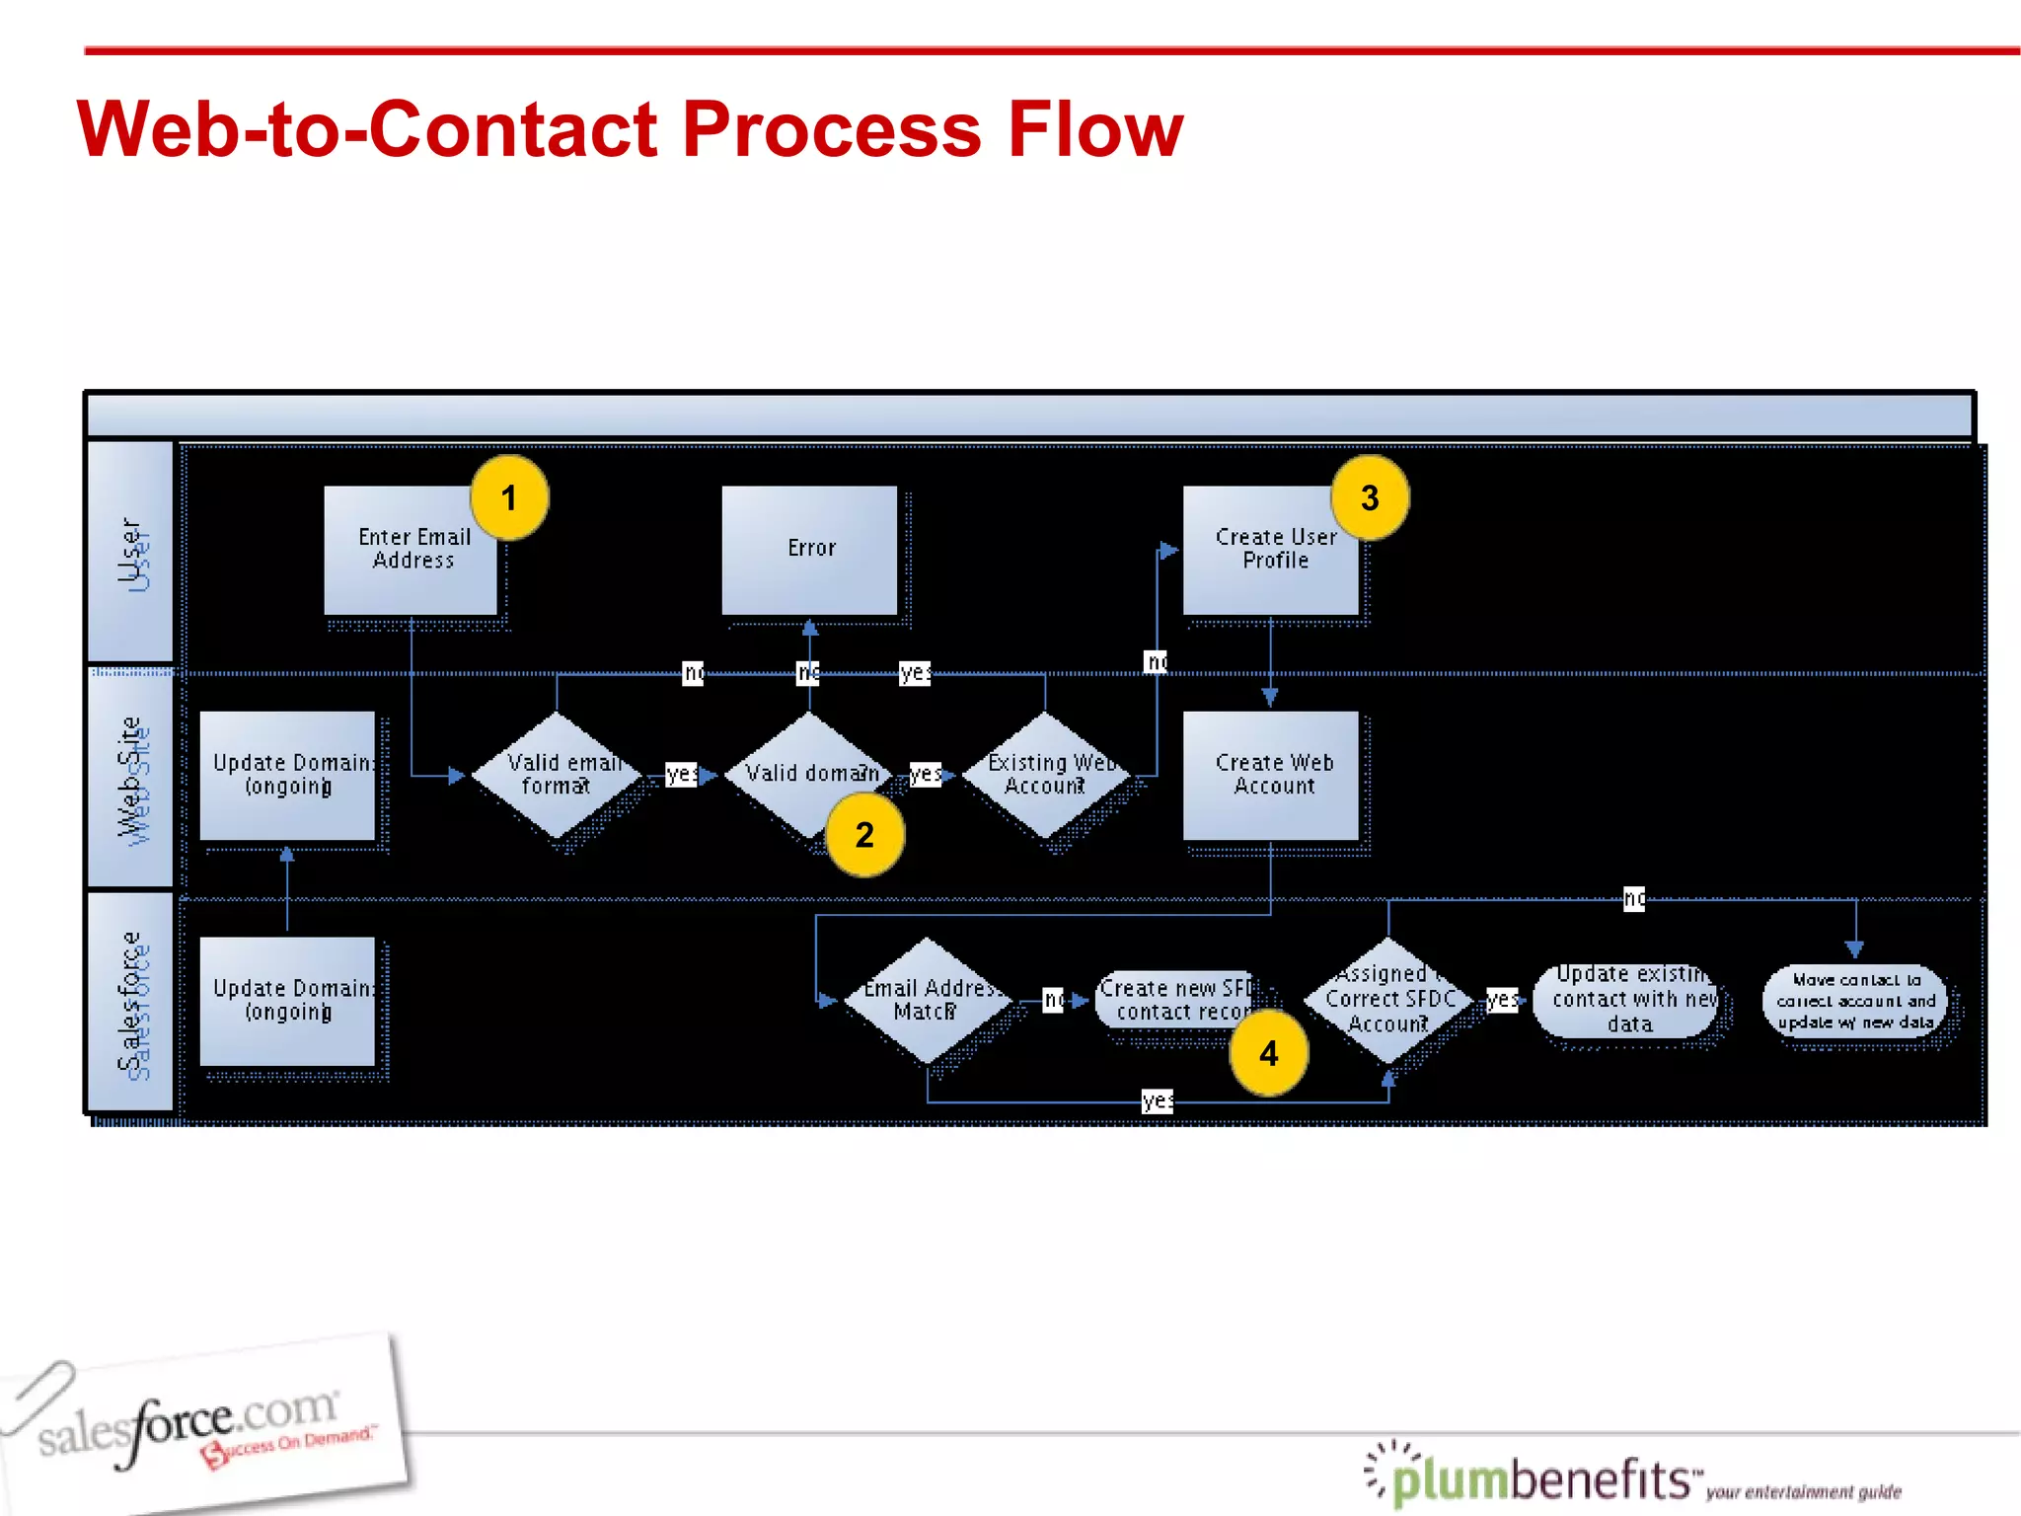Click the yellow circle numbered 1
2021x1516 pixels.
509,497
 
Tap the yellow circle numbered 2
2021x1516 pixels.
864,835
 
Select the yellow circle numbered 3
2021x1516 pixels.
1370,497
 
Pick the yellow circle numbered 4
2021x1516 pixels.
1268,1053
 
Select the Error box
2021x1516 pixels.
809,550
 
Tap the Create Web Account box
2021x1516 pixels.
1271,775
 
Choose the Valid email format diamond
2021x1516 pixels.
558,775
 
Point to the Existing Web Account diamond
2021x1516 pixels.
1045,775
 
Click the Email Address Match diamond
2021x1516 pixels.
927,1000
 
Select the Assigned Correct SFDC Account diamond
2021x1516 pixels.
1387,1000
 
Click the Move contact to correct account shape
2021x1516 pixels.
1855,1000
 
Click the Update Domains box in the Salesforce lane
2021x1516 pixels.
287,1000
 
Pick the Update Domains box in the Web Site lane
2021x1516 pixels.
287,775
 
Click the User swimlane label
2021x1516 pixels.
130,553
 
